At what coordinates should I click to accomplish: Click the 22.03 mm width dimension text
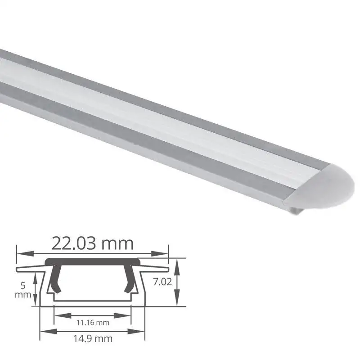[92, 243]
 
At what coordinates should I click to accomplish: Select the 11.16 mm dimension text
[93, 322]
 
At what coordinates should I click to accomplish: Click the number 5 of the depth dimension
[22, 285]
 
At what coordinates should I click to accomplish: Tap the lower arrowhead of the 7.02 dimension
[178, 301]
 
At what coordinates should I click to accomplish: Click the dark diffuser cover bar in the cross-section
[92, 261]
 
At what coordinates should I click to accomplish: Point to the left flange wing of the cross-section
[29, 269]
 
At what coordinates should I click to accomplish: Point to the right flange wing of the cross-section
[156, 269]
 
